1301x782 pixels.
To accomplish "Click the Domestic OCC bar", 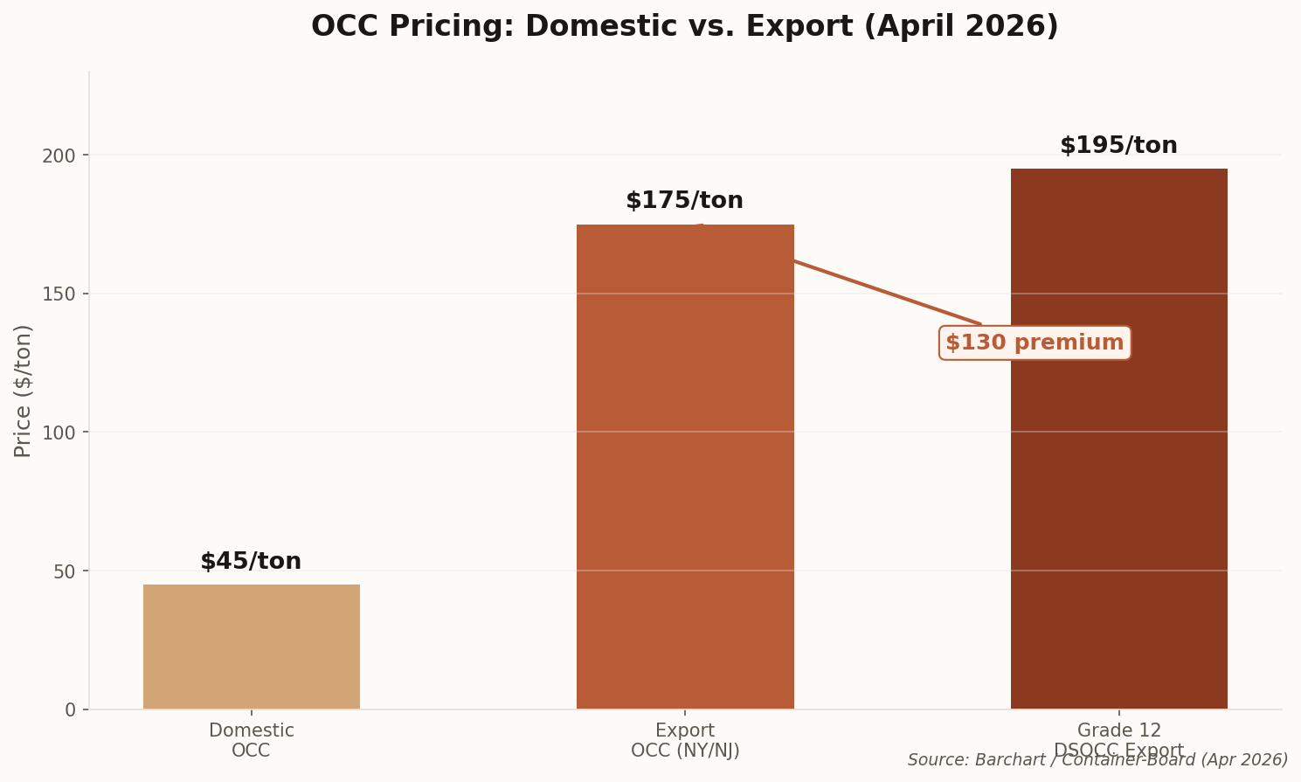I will (x=251, y=647).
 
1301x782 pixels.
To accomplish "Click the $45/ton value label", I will (x=251, y=562).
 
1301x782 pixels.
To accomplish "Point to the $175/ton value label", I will (x=684, y=201).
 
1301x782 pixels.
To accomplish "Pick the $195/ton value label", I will (x=1118, y=146).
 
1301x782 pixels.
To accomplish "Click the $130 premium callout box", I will (x=1035, y=343).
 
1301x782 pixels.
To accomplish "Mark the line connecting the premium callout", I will (x=882, y=290).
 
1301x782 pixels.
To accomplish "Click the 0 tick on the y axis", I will (x=71, y=710).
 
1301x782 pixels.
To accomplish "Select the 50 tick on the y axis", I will (x=65, y=571).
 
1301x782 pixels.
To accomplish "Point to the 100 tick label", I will (x=59, y=433).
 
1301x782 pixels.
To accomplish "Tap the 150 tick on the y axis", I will (x=59, y=294).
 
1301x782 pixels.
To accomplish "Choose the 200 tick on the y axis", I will (x=59, y=156).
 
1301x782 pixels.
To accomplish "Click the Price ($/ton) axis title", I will (x=24, y=391).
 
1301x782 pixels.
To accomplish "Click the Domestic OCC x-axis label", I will (x=251, y=740).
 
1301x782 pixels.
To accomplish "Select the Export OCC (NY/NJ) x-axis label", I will (x=685, y=740).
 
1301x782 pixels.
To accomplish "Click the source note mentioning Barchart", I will (x=1097, y=760).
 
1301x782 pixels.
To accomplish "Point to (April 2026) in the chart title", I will (x=961, y=27).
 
